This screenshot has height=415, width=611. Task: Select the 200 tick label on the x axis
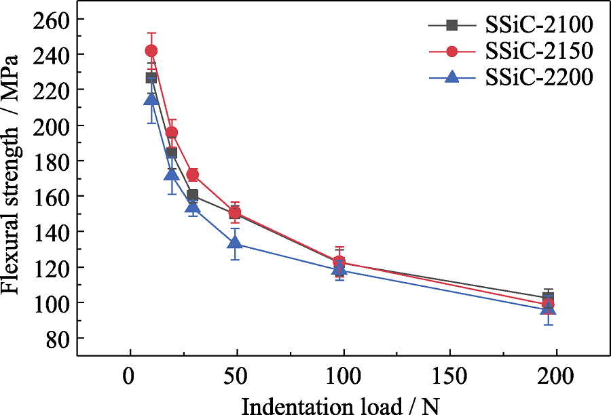coord(556,374)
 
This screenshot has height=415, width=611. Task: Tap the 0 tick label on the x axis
coord(130,374)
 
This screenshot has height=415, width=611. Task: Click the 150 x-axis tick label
coord(449,374)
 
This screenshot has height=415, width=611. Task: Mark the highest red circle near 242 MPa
coord(151,51)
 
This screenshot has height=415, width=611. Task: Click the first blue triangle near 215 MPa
coord(151,99)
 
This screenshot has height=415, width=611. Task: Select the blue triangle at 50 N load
coord(235,243)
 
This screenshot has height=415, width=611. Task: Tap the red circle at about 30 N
coord(193,175)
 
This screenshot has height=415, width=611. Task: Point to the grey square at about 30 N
coord(193,196)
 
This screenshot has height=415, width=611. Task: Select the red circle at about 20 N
coord(172,132)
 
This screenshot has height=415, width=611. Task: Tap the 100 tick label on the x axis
coord(343,374)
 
